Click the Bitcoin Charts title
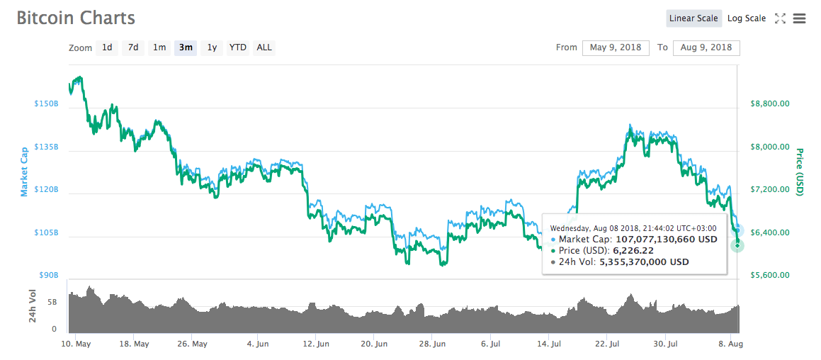76,18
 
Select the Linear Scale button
693,18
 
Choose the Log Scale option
746,18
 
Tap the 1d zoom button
107,47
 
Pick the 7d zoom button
133,47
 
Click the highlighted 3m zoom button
186,47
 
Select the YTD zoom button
238,47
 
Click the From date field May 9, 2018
616,47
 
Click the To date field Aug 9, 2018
706,47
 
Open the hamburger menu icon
800,18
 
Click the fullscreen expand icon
780,18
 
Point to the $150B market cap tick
46,104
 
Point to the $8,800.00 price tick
769,104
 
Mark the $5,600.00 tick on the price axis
769,275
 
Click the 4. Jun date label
258,344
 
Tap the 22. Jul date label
606,344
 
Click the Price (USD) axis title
800,172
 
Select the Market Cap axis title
24,171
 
